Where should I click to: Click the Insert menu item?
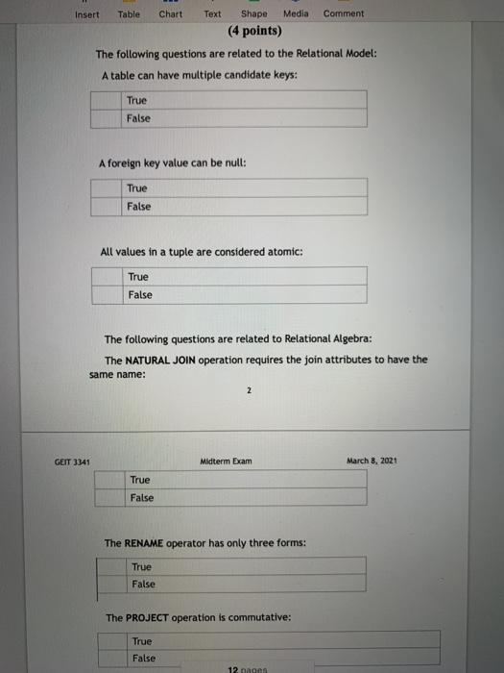[x=86, y=14]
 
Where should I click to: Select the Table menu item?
[x=128, y=14]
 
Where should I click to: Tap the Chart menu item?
[x=170, y=14]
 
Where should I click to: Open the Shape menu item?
[x=254, y=14]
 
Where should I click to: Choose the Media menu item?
[x=296, y=14]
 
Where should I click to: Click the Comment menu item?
[x=344, y=14]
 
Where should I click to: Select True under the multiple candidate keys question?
[x=136, y=100]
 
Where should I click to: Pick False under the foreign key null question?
[x=138, y=207]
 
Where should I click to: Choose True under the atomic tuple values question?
[x=138, y=277]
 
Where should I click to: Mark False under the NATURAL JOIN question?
[x=141, y=498]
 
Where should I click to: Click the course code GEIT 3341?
[x=72, y=462]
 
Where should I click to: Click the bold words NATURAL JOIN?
[x=160, y=361]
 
